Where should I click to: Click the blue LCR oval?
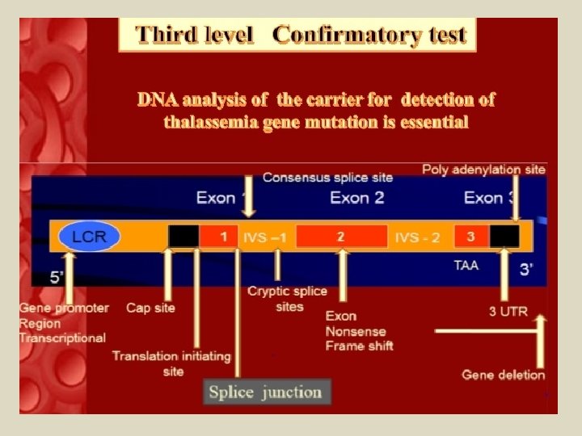[89, 237]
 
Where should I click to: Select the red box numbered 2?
[341, 236]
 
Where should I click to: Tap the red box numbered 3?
[471, 236]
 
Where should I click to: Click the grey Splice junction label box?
[265, 393]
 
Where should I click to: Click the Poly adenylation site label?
[483, 170]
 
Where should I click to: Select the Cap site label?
[150, 308]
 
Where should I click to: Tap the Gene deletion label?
[503, 375]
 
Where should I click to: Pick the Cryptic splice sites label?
[288, 299]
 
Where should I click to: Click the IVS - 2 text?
[417, 237]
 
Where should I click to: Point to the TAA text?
[466, 265]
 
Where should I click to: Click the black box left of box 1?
[183, 236]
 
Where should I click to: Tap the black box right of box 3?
[504, 236]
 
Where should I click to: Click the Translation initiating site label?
[171, 363]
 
